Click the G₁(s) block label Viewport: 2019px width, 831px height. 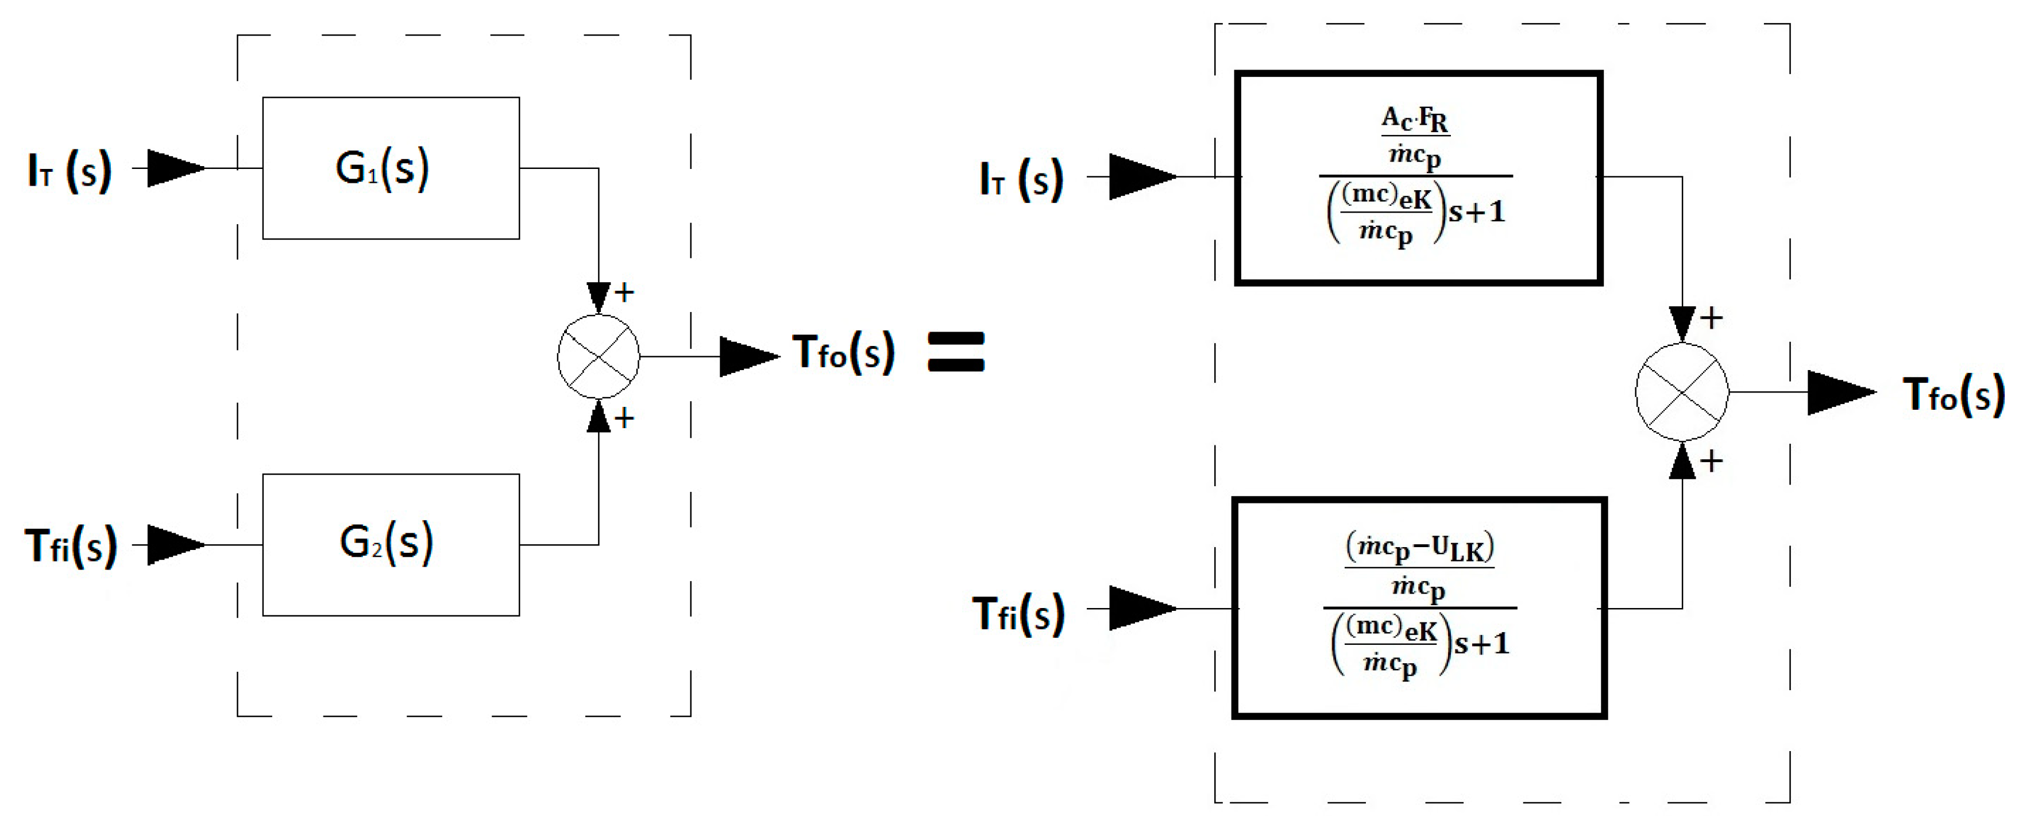(383, 168)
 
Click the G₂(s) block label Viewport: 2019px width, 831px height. (385, 543)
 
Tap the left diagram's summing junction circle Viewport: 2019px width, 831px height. (598, 357)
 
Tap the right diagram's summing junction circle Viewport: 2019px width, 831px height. (1681, 392)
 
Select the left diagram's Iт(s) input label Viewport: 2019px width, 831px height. (70, 171)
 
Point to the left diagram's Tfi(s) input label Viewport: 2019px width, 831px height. (71, 547)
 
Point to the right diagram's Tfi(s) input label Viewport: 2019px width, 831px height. (1018, 614)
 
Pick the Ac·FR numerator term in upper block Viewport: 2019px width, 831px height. (1415, 120)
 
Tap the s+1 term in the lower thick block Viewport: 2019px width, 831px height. (1481, 644)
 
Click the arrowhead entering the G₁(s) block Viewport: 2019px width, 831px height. (176, 168)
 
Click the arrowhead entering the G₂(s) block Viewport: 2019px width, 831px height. (176, 545)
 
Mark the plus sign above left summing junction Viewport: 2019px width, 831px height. (624, 293)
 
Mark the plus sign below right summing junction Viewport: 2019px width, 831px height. (1711, 461)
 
